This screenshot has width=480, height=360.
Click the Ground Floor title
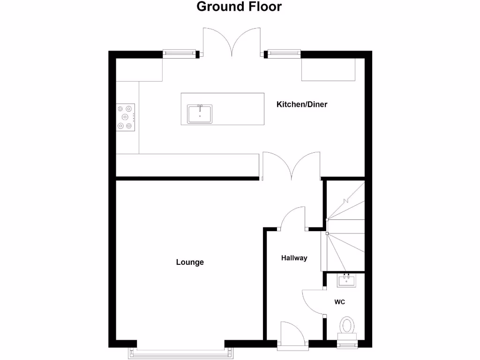(x=239, y=7)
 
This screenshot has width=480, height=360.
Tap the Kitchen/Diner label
(x=301, y=105)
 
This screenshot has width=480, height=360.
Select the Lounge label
(x=190, y=262)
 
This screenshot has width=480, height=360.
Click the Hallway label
(x=294, y=258)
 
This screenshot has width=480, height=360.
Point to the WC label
(x=340, y=302)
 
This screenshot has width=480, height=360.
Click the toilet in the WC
(x=347, y=326)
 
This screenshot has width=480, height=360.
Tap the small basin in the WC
(x=347, y=280)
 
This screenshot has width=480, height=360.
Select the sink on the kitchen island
(x=200, y=114)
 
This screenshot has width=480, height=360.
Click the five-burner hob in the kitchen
(x=126, y=117)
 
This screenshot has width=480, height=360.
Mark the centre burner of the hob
(x=125, y=117)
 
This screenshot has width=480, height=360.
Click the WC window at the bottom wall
(x=347, y=346)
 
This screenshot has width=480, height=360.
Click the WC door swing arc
(x=311, y=302)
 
